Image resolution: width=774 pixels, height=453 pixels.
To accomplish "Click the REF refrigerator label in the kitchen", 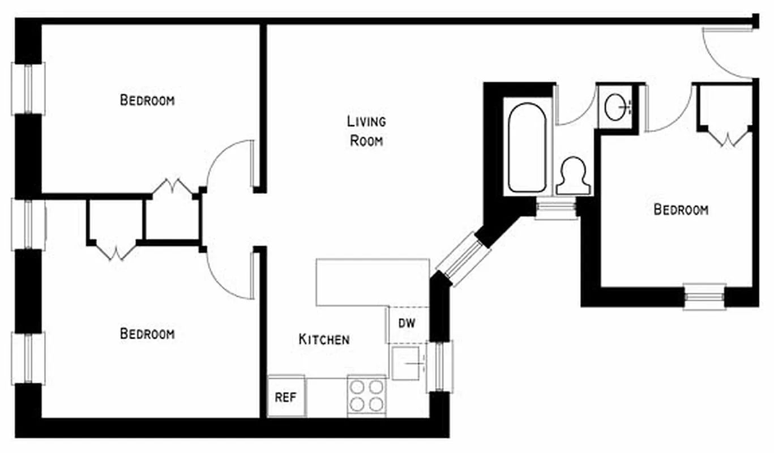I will coord(286,397).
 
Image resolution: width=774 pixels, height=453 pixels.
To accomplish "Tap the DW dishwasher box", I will coord(407,324).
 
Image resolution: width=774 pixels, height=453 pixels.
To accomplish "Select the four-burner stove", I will coord(366,396).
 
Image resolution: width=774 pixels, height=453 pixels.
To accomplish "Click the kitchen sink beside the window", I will coord(406,362).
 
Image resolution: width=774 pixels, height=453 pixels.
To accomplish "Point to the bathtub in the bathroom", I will coord(527,147).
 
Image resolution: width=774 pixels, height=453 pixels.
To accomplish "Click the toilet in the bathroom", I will coord(572,176).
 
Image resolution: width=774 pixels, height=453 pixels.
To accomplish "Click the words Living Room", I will coord(366,131).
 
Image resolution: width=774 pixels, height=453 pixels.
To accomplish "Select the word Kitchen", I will coord(324,340).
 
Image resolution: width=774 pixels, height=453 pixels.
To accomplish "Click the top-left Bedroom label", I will coord(147,100).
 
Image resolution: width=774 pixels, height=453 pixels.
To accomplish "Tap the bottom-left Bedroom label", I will coord(147,334).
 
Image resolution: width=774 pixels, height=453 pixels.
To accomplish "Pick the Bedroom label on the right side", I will coord(681,210).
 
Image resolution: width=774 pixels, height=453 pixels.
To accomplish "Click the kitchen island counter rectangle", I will coord(373,282).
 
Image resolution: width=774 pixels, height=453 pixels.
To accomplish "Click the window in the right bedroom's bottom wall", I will coord(704,296).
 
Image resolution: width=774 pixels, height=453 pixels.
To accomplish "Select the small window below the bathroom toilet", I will coord(555,208).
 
